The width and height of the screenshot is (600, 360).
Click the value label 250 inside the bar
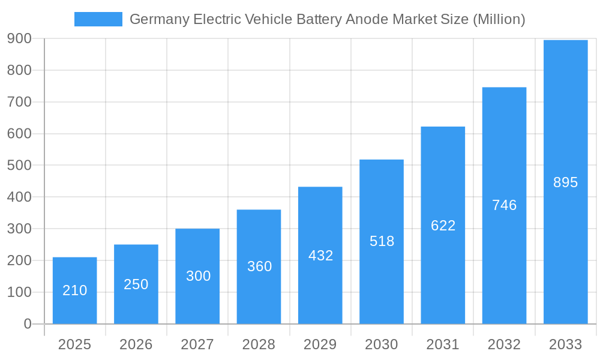tap(136, 284)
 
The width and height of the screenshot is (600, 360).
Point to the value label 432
tap(320, 256)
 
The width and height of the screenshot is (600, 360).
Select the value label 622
tap(443, 226)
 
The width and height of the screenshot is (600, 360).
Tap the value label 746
tap(504, 205)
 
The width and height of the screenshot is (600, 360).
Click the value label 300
tap(198, 276)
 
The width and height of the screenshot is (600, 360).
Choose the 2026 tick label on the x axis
tap(136, 344)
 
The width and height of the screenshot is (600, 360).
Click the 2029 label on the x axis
tap(320, 344)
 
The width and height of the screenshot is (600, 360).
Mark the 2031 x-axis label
tap(443, 344)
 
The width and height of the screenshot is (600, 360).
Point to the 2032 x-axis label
tap(504, 344)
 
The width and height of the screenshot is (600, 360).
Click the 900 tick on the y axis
tap(19, 39)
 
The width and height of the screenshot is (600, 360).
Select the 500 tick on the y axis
tap(19, 166)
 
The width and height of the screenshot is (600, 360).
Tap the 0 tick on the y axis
tap(27, 324)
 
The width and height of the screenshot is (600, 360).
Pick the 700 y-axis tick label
tap(19, 102)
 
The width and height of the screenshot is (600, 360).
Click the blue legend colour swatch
tap(98, 19)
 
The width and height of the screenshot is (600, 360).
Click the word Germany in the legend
tap(160, 20)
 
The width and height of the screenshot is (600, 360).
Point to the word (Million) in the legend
tap(499, 20)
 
